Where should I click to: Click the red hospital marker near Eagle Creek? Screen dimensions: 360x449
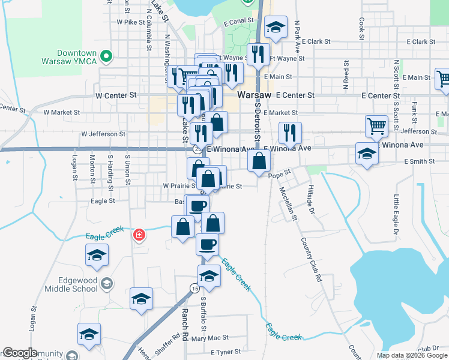[x=139, y=235]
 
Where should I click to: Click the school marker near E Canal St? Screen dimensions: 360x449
[x=276, y=28]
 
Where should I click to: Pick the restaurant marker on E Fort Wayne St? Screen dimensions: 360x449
[x=259, y=54]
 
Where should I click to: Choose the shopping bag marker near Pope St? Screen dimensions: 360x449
[x=259, y=161]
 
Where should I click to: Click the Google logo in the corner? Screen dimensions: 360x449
[x=19, y=353]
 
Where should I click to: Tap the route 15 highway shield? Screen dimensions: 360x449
[x=195, y=288]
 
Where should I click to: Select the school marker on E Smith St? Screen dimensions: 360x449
[x=367, y=153]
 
